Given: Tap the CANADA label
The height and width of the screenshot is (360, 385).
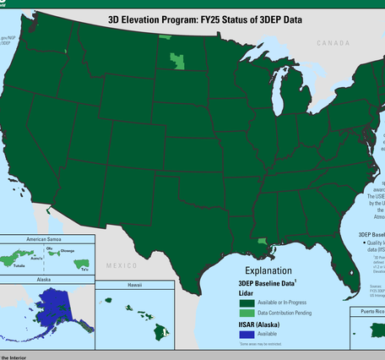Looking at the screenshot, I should pos(333,42).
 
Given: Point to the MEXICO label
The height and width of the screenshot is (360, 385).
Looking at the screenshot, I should pos(121,265).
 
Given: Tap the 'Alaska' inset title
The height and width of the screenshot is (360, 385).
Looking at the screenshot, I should pos(43,278).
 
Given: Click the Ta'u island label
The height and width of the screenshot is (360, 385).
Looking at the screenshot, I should pos(85,268).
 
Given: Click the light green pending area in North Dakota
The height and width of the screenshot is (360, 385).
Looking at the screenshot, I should pos(177,60).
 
